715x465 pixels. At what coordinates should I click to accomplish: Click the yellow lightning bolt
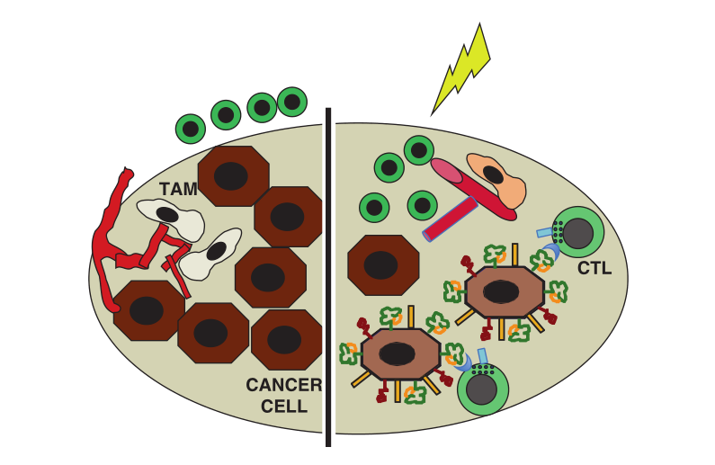click(x=464, y=67)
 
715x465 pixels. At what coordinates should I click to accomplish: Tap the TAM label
click(x=178, y=189)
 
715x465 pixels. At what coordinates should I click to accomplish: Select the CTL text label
click(x=594, y=268)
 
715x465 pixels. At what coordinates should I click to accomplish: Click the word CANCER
click(x=283, y=386)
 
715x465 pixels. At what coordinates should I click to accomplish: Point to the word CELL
click(x=284, y=406)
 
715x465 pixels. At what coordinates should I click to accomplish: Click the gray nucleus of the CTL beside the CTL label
click(x=578, y=234)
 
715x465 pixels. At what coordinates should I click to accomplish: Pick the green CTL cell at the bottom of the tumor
click(x=483, y=389)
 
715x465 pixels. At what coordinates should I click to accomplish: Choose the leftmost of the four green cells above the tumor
click(x=191, y=129)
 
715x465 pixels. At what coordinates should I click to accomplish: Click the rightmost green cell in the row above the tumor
click(x=292, y=102)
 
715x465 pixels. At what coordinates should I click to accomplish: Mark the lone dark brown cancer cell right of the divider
click(x=382, y=264)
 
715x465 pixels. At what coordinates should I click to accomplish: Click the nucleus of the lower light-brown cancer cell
click(x=397, y=353)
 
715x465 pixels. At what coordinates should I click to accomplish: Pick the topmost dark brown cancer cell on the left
click(x=233, y=175)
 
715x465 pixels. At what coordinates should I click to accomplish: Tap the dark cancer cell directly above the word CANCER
click(x=286, y=339)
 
